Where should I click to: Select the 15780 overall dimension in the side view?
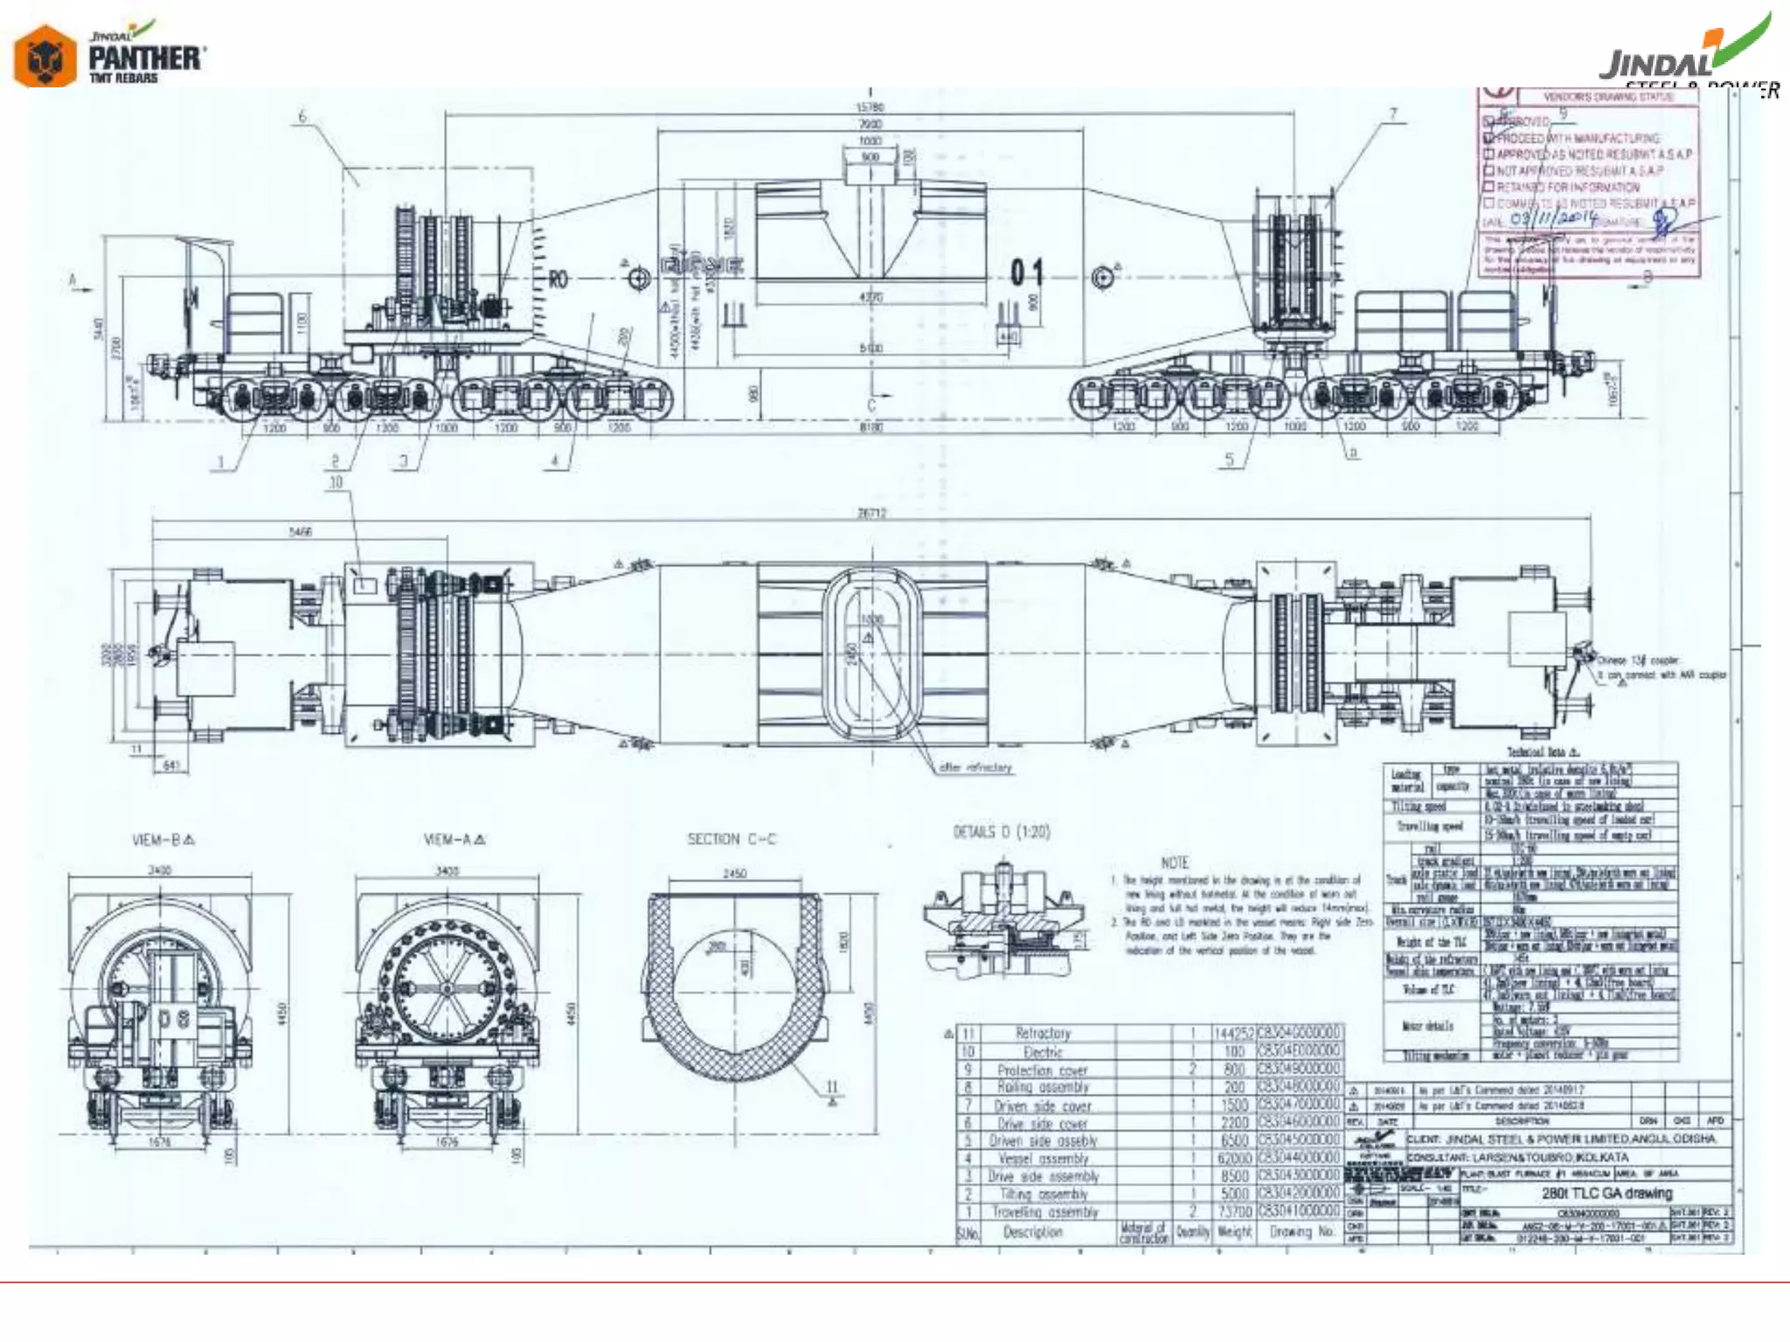tap(870, 107)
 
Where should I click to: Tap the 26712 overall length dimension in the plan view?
tap(871, 513)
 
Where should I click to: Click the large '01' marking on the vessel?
tap(1027, 273)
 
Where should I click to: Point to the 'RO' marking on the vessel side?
tap(558, 280)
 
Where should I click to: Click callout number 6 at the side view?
tap(302, 116)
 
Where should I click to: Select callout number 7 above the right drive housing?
tap(1393, 114)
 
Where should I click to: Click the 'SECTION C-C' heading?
tap(731, 839)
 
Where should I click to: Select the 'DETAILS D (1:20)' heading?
tap(1002, 832)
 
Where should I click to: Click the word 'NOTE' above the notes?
tap(1175, 862)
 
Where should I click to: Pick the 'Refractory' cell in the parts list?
tap(1043, 1034)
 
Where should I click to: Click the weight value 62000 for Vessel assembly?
tap(1234, 1159)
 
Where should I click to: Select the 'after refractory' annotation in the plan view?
tap(975, 767)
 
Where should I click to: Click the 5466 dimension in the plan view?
tap(300, 531)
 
